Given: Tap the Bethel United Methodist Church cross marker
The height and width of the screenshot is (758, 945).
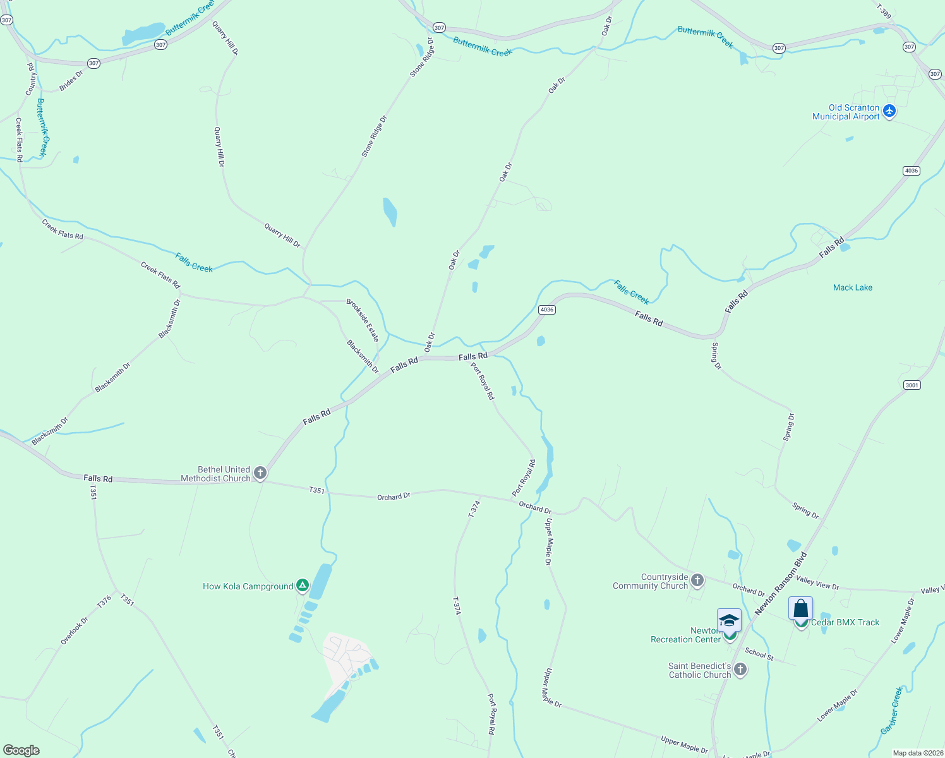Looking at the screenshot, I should pyautogui.click(x=260, y=472).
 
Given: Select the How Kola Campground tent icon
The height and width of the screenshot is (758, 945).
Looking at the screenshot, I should pyautogui.click(x=303, y=586).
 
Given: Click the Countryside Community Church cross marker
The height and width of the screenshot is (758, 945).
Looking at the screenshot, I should pyautogui.click(x=697, y=580).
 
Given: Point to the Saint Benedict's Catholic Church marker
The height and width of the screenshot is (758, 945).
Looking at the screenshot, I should pyautogui.click(x=740, y=669).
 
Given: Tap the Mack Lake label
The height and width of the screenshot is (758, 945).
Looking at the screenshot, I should pyautogui.click(x=852, y=287).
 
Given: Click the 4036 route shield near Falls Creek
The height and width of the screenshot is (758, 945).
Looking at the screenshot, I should pyautogui.click(x=547, y=310).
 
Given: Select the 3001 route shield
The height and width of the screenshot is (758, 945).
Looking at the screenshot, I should pyautogui.click(x=912, y=385).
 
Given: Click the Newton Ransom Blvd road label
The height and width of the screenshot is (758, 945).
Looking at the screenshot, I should pyautogui.click(x=781, y=584).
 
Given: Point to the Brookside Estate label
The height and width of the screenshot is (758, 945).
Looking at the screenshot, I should pyautogui.click(x=363, y=320).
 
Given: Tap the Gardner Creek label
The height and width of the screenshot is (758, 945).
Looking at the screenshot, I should pyautogui.click(x=892, y=711).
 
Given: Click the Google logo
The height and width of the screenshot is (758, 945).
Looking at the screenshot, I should pyautogui.click(x=21, y=750).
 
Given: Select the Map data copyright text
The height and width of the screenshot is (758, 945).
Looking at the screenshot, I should pyautogui.click(x=917, y=753).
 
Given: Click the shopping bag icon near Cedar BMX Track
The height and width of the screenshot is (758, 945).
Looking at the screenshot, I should pyautogui.click(x=800, y=608).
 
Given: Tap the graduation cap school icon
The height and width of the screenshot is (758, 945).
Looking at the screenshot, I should pyautogui.click(x=729, y=620).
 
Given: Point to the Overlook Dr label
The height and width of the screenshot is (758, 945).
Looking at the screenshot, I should pyautogui.click(x=75, y=630).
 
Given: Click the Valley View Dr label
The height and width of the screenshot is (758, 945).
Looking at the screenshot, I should pyautogui.click(x=817, y=582).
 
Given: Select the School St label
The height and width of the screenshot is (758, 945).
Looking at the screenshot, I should pyautogui.click(x=759, y=654).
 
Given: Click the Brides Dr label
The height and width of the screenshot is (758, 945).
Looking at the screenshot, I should pyautogui.click(x=71, y=81).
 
